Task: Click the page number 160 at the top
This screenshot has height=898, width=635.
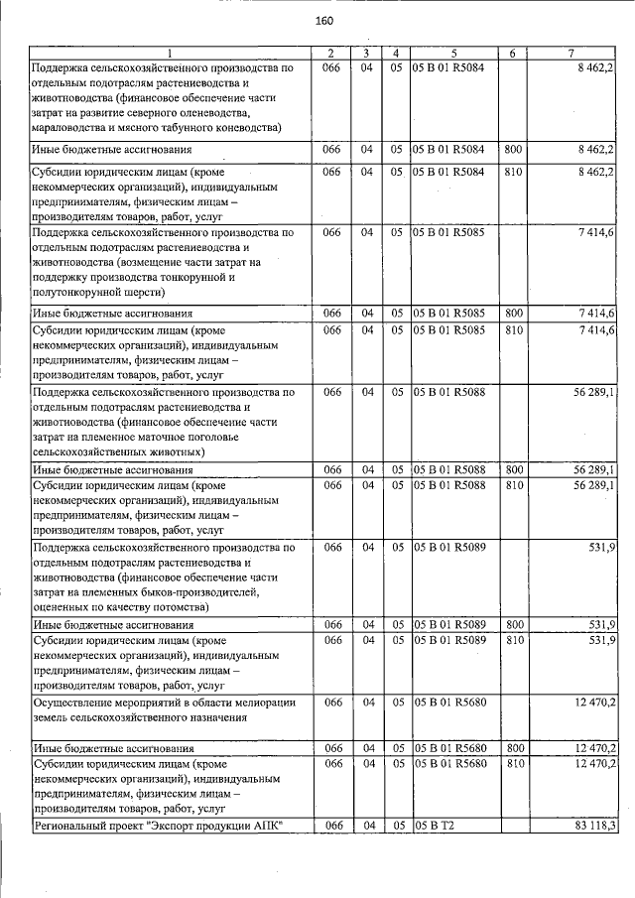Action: point(323,22)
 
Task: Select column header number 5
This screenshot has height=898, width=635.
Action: point(452,53)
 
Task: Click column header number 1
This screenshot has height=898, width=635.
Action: point(170,53)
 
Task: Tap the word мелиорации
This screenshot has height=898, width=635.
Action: point(263,702)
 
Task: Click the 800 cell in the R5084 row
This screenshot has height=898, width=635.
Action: point(513,150)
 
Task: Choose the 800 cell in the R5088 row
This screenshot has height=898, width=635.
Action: point(513,468)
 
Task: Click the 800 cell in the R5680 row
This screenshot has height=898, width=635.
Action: point(513,747)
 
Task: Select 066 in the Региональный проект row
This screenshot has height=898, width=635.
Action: point(333,826)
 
